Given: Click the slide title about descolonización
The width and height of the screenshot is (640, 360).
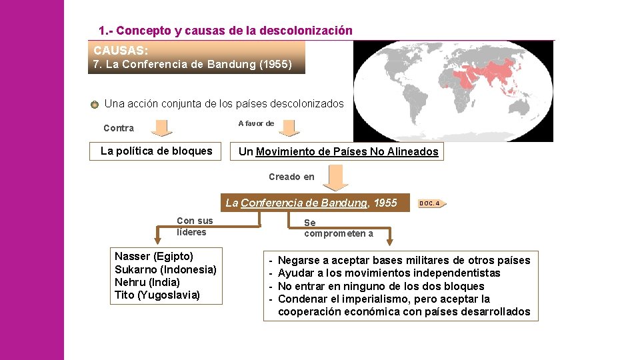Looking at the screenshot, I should (x=225, y=31).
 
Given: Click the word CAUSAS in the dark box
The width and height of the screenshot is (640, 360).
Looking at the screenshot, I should (x=121, y=51).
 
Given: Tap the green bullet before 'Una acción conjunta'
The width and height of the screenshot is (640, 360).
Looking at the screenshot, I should (x=95, y=104).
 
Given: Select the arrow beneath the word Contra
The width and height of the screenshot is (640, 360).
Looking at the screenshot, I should (x=159, y=127).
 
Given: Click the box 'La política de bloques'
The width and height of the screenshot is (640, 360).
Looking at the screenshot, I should (x=156, y=151).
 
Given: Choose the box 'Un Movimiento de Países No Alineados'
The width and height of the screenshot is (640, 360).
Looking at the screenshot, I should (x=338, y=152).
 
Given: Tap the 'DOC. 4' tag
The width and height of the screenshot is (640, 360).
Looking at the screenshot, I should (x=431, y=203).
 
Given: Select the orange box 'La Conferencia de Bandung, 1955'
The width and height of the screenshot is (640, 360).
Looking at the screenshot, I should (x=311, y=203).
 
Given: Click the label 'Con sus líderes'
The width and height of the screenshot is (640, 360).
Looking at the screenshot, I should (x=195, y=227).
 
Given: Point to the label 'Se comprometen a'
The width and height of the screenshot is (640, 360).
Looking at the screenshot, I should (x=338, y=228).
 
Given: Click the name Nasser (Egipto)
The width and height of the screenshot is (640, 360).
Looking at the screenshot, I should (x=154, y=257).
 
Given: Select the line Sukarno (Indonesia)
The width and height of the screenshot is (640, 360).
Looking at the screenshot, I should (x=165, y=269).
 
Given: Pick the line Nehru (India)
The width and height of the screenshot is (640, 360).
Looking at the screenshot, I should (x=147, y=282).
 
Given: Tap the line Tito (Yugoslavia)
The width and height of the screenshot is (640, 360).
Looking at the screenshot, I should (x=157, y=295).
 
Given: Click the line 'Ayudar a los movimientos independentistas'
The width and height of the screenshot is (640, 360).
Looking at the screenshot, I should (x=389, y=273).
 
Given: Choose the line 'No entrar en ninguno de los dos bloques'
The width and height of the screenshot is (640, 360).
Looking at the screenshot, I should (x=381, y=286).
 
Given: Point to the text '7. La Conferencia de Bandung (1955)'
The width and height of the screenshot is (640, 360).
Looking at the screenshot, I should (x=192, y=65).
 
